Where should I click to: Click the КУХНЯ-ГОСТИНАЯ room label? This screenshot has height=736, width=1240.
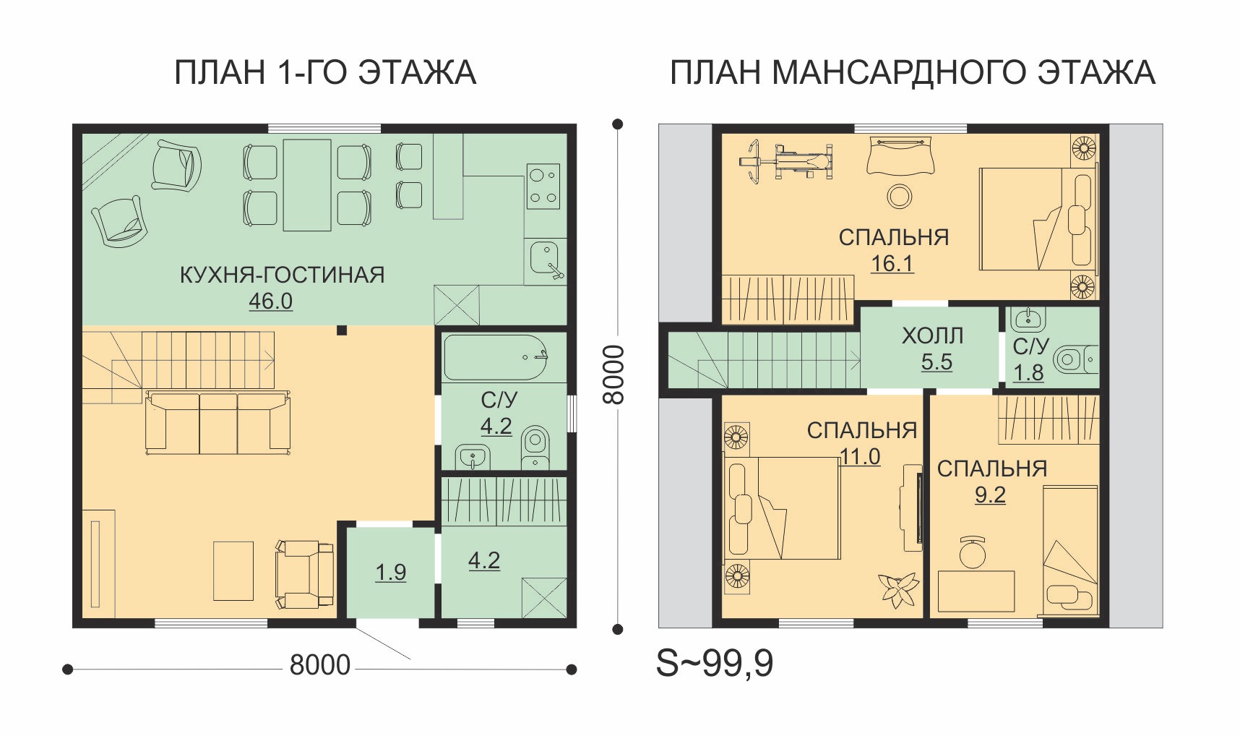tap(282, 275)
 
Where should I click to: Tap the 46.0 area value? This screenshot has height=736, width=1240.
tap(271, 301)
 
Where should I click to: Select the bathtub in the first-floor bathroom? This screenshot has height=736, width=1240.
tap(495, 357)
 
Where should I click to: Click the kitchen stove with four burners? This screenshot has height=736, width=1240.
tap(543, 187)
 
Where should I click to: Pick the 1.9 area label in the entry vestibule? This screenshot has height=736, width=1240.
tap(390, 573)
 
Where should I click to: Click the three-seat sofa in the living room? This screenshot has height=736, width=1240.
tap(218, 423)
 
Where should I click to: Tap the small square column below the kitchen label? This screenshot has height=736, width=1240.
tap(342, 330)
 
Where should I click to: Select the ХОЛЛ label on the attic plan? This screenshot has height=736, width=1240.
tap(932, 336)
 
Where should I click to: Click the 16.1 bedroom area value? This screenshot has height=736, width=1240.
tap(892, 264)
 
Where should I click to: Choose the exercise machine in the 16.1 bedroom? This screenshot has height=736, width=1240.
tap(786, 160)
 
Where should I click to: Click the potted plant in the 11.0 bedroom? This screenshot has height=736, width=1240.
tap(897, 589)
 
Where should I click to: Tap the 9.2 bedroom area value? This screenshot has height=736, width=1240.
tap(990, 495)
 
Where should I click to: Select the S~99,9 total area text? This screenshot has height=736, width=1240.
tap(714, 664)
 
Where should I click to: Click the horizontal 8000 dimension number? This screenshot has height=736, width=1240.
tap(319, 665)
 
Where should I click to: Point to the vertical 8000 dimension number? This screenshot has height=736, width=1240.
tap(613, 375)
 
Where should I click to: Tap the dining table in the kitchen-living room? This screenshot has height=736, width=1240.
tap(307, 185)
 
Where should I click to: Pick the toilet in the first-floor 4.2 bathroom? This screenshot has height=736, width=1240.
tap(535, 448)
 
